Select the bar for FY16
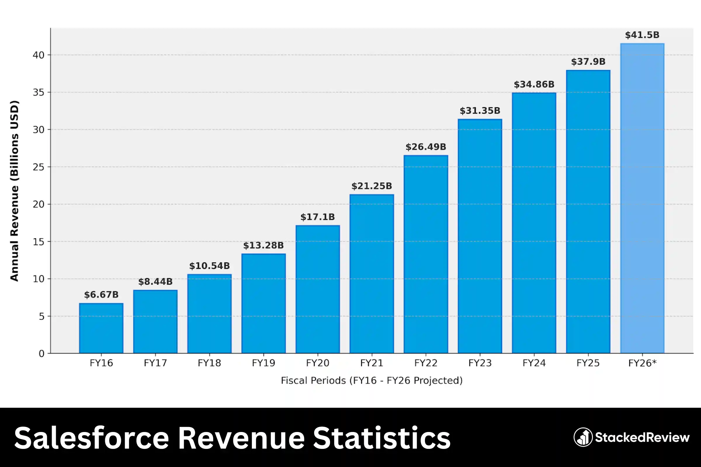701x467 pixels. [101, 328]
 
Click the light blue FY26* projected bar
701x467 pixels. [642, 198]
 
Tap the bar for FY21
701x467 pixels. [372, 274]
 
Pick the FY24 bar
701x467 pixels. [534, 223]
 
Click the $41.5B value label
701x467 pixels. [642, 35]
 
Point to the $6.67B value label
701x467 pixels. [101, 295]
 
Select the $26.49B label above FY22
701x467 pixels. [426, 147]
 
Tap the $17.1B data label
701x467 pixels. [317, 217]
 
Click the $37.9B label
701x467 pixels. [588, 62]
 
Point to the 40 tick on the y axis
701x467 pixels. [39, 55]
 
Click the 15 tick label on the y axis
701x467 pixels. [39, 242]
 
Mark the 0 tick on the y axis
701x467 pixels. [41, 353]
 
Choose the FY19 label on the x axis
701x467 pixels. [263, 363]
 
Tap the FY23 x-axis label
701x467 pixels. [480, 363]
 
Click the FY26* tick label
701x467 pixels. [642, 363]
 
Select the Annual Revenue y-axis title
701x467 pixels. [14, 191]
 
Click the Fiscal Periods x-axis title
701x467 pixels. [372, 380]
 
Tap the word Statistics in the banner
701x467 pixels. [381, 438]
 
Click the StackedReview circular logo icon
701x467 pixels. [583, 437]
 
